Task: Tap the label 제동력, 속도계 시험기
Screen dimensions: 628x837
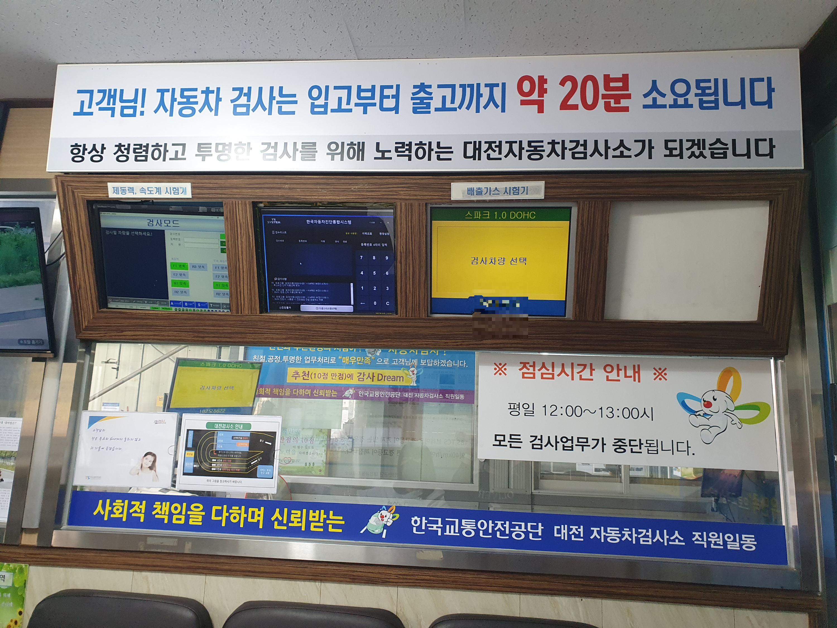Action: click(x=150, y=190)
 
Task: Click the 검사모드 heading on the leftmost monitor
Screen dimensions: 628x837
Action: click(x=163, y=222)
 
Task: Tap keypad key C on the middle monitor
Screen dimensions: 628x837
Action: click(x=388, y=303)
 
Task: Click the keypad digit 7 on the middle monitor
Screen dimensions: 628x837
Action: click(x=361, y=258)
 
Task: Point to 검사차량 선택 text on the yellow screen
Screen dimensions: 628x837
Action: click(x=498, y=261)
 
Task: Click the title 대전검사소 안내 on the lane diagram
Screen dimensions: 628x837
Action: click(x=229, y=426)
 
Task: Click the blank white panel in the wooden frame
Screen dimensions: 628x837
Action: click(x=686, y=260)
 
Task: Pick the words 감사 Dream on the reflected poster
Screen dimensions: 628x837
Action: click(x=380, y=377)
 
